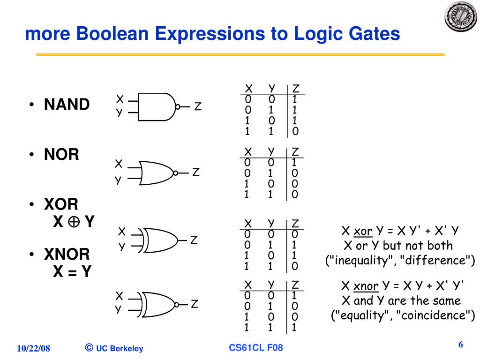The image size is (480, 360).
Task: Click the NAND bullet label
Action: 67,105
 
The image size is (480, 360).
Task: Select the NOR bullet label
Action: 61,155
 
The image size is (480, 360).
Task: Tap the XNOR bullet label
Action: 67,255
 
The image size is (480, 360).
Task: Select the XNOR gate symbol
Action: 159,304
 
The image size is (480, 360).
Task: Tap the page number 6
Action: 461,345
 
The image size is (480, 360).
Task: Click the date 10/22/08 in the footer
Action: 33,348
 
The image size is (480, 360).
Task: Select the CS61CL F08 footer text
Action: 256,348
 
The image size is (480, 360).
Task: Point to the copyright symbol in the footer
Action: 89,347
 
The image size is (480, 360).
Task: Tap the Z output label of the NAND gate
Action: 198,107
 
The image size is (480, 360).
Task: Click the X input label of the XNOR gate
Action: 119,296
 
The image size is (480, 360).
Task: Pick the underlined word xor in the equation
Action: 363,231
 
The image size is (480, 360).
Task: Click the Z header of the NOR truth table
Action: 295,152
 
